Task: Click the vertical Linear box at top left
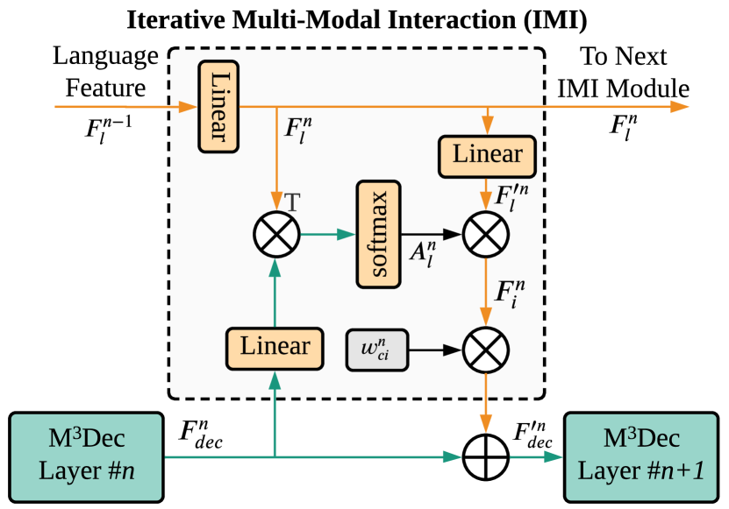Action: [x=218, y=106]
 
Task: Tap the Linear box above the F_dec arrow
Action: [x=275, y=346]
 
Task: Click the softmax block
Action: [x=378, y=235]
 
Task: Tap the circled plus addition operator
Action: [x=485, y=457]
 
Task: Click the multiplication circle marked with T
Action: [x=275, y=234]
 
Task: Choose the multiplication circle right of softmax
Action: [x=485, y=234]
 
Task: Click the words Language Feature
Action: [x=98, y=72]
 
